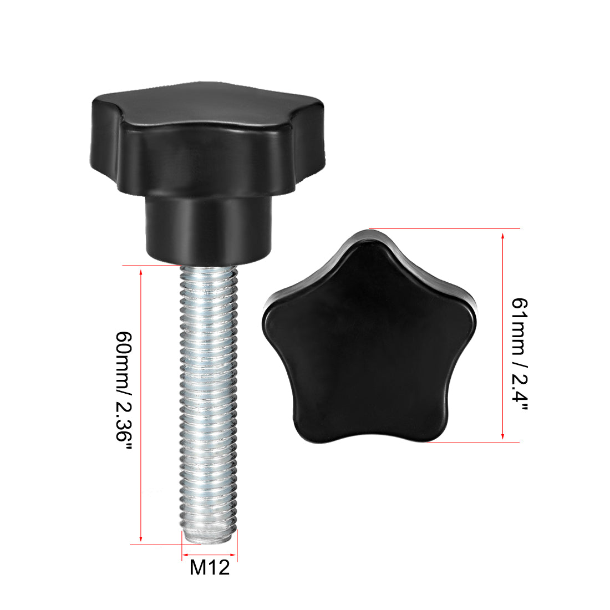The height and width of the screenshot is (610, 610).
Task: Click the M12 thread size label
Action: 210,567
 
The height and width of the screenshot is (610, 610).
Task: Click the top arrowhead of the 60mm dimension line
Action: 141,272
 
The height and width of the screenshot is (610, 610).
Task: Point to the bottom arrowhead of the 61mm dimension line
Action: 502,437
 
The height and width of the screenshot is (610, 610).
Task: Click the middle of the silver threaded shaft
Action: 209,399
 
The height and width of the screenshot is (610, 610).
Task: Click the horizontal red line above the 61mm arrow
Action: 444,228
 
